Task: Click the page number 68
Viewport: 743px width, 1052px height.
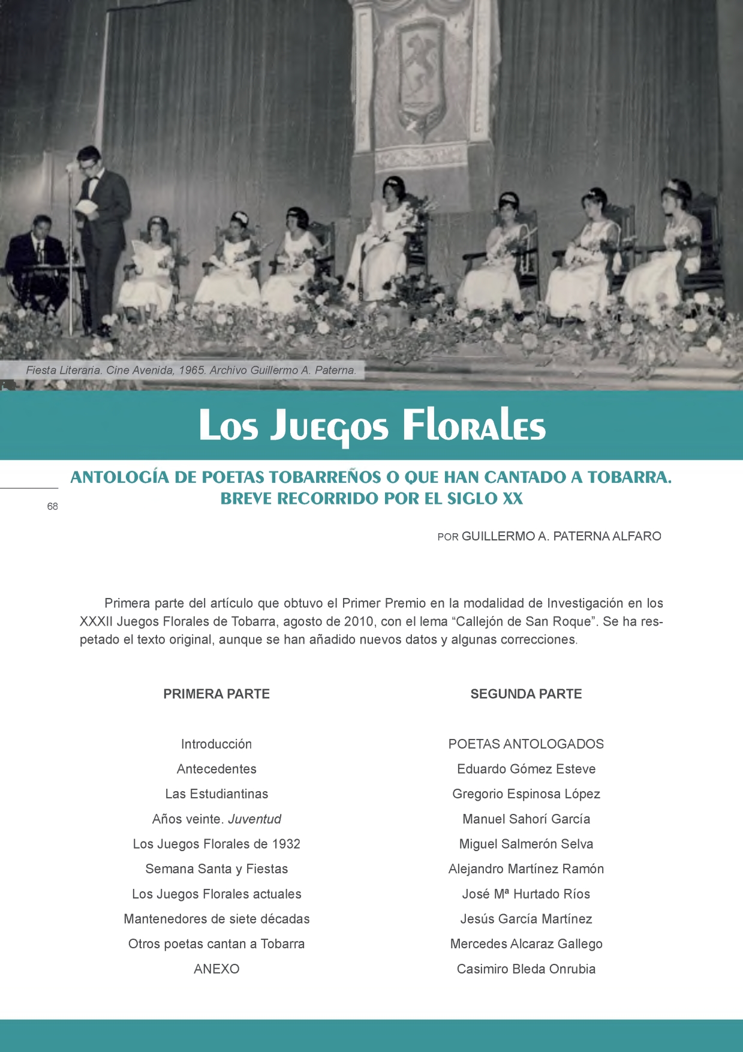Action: [53, 506]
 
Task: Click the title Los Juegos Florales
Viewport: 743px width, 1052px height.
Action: [372, 425]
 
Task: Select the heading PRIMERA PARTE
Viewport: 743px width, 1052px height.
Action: [216, 694]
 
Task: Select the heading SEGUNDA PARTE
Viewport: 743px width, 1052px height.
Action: [526, 694]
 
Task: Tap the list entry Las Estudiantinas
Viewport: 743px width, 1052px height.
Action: [216, 793]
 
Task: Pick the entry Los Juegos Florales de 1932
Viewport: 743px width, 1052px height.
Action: [216, 844]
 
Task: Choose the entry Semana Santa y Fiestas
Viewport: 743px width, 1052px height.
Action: [216, 868]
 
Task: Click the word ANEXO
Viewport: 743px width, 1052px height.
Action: [216, 969]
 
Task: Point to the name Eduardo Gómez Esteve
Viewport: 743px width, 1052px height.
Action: [526, 769]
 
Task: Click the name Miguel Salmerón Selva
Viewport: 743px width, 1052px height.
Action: [526, 844]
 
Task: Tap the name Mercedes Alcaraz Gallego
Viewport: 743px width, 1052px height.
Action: [526, 943]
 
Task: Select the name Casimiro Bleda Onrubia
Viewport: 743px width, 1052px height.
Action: [526, 969]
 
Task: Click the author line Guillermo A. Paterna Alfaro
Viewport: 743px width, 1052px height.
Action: [549, 536]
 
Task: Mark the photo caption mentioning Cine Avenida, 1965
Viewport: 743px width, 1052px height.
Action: [191, 370]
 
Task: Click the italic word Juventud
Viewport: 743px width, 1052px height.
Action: [254, 819]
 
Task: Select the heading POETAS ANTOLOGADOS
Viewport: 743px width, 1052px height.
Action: [526, 744]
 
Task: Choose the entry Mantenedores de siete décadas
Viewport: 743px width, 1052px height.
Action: [216, 919]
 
